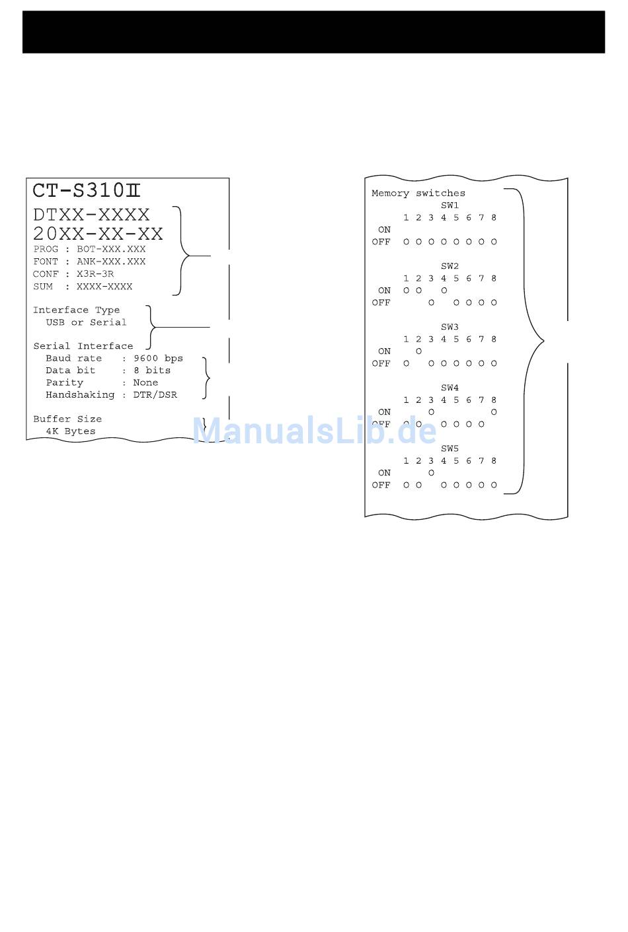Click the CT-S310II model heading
87,191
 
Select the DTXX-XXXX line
92,215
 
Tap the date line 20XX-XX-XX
98,233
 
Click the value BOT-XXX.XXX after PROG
111,250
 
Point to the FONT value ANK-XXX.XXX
111,262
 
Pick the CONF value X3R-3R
95,274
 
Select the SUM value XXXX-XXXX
104,287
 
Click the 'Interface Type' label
77,310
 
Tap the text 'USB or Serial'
86,322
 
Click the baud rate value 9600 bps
158,359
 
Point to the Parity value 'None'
145,383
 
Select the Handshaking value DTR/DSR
155,395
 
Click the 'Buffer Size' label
67,419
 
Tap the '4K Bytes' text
71,431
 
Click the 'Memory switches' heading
418,194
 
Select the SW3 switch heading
450,327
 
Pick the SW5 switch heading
450,448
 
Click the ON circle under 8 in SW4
494,412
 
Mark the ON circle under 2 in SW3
418,351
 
